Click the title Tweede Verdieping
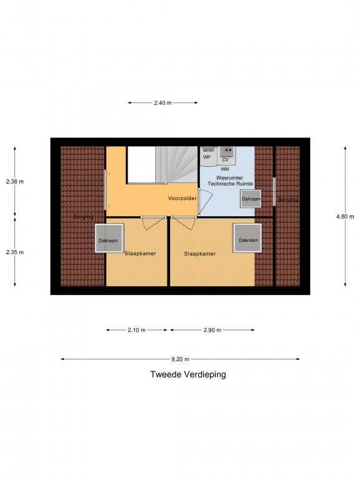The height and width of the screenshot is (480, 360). click(188, 374)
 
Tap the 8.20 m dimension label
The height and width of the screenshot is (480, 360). click(180, 359)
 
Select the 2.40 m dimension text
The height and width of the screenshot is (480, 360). click(162, 103)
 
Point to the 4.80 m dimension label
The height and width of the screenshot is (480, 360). click(345, 216)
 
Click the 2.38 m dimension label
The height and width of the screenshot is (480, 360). click(15, 181)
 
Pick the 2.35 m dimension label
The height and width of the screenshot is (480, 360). click(15, 252)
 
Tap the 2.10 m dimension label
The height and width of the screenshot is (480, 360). click(136, 330)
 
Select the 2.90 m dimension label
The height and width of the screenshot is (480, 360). click(212, 330)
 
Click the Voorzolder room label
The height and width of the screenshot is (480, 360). click(182, 198)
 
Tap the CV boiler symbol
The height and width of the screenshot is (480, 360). click(227, 156)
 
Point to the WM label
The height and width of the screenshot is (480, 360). click(225, 169)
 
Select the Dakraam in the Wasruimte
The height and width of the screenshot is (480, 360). click(251, 199)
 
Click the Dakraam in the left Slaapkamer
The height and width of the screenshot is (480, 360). click(109, 238)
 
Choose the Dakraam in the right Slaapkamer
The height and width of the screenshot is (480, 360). click(247, 238)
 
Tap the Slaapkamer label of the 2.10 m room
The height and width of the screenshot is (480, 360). click(140, 254)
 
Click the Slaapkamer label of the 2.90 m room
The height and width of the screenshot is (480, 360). click(200, 254)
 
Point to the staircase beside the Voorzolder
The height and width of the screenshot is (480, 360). click(176, 165)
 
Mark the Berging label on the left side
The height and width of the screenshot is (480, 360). click(83, 217)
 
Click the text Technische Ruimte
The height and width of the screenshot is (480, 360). click(231, 184)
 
